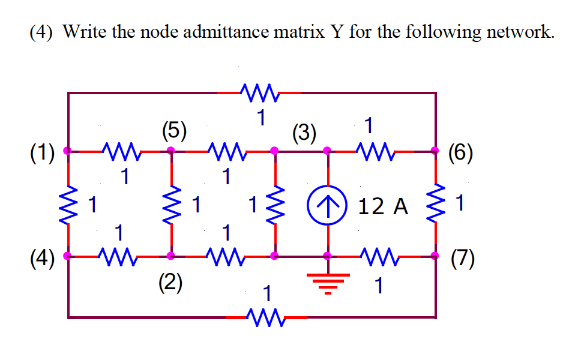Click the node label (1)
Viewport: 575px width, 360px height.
(x=42, y=152)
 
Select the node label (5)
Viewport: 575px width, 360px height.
(x=174, y=130)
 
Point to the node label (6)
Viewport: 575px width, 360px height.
(x=461, y=152)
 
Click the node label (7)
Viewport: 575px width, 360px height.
(x=461, y=259)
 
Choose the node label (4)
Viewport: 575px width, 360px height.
(x=42, y=259)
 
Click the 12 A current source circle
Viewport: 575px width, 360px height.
(x=327, y=205)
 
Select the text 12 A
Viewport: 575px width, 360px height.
(x=382, y=207)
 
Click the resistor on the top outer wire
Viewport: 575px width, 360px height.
(x=259, y=93)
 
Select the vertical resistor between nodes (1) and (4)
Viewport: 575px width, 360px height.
(x=68, y=204)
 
